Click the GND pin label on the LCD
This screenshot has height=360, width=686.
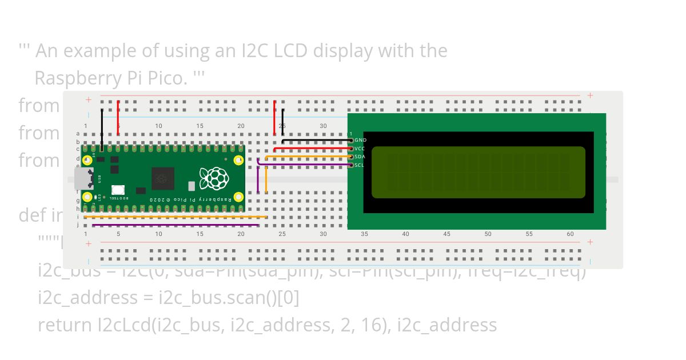[x=360, y=140]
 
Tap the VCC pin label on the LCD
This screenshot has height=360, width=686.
[x=360, y=149]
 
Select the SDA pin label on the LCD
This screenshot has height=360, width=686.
[x=360, y=157]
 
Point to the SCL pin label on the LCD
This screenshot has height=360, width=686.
[x=359, y=165]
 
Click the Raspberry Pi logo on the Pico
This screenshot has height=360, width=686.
[x=214, y=178]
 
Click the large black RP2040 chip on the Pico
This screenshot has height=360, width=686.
[x=162, y=178]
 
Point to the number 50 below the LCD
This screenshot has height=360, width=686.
[x=488, y=234]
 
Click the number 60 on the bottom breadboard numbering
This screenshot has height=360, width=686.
[x=570, y=234]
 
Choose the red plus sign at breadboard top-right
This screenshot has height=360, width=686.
[x=590, y=96]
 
